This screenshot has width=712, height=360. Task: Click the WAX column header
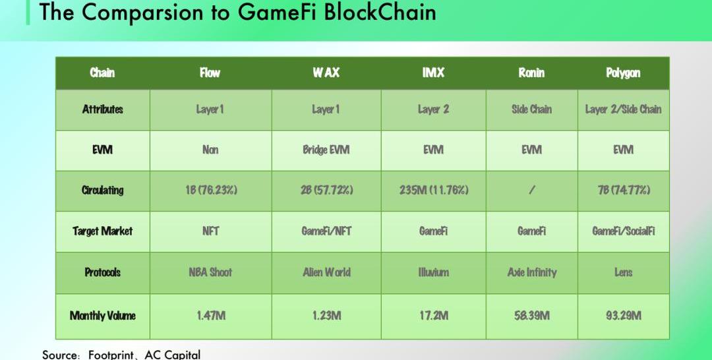(326, 73)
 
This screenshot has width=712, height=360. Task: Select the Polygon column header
(623, 73)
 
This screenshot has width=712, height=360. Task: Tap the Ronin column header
(531, 73)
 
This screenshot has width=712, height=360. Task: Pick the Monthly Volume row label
(103, 316)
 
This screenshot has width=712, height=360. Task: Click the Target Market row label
(103, 231)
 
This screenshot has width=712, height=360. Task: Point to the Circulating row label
(103, 190)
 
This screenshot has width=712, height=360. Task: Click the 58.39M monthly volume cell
(532, 316)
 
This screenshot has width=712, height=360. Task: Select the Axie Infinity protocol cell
(532, 272)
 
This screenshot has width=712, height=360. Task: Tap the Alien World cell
(326, 272)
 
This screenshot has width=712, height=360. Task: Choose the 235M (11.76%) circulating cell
(434, 190)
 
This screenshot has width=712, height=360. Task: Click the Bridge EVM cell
(326, 150)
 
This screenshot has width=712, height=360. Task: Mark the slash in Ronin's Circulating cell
(532, 190)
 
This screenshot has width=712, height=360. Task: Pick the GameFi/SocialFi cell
(624, 231)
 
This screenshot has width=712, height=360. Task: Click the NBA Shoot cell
(210, 272)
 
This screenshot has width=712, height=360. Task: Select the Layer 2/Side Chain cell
(623, 109)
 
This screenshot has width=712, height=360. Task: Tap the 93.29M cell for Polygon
(624, 316)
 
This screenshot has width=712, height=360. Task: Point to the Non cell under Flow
(210, 150)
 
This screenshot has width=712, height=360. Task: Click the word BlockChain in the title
(380, 12)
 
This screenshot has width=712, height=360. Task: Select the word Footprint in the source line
(111, 355)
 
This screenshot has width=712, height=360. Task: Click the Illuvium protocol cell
(434, 272)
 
